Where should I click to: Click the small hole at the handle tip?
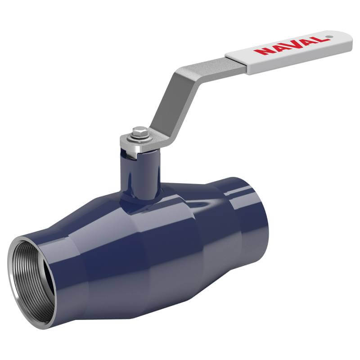(329, 36)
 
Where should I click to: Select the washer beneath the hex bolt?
(139, 138)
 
